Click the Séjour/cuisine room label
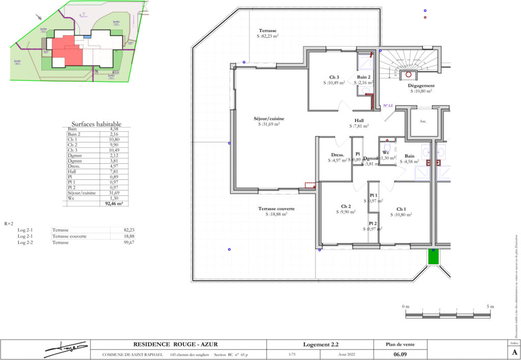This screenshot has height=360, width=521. tap(269, 119)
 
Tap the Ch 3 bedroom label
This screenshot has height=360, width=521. tap(327, 78)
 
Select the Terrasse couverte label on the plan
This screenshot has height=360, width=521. tap(276, 209)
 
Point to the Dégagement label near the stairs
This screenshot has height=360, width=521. tap(420, 86)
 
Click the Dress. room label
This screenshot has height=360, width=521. tap(337, 155)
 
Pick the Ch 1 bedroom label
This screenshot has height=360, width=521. tap(401, 209)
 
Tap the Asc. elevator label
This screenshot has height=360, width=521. tap(423, 122)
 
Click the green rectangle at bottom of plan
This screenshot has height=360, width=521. tap(433, 256)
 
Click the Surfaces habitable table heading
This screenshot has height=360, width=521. tap(96, 124)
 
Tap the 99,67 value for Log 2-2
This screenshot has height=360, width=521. tap(123, 243)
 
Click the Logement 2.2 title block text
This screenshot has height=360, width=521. tap(325, 344)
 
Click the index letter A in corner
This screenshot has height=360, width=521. tap(514, 352)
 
